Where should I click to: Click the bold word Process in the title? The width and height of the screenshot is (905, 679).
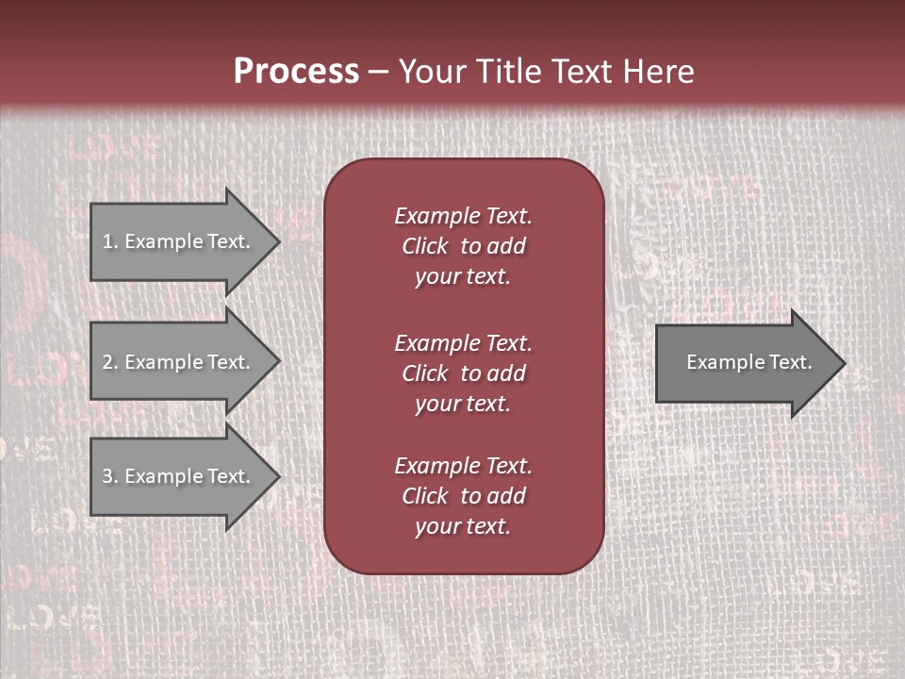296,72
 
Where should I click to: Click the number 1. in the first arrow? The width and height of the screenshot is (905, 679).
110,241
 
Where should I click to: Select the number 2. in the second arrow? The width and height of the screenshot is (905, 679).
110,362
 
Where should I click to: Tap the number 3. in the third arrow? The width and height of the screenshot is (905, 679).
110,476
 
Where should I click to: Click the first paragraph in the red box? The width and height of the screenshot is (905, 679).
463,246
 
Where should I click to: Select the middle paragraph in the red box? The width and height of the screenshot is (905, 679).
463,373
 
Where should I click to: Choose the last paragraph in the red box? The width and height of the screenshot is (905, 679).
463,496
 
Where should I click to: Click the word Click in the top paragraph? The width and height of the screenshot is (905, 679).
425,247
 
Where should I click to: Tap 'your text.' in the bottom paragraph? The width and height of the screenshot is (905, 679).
463,527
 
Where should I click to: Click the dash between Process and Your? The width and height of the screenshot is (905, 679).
378,72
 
